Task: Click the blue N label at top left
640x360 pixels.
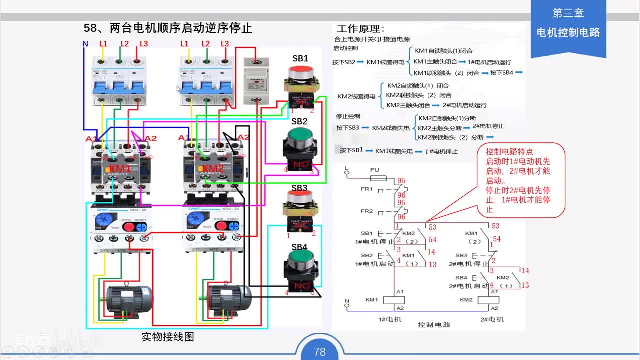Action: pos(85,44)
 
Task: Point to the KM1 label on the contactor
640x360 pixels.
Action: pos(120,169)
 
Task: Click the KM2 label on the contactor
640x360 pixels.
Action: pos(213,169)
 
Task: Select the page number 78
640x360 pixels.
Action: pos(320,352)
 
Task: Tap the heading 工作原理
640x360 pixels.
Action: pos(360,29)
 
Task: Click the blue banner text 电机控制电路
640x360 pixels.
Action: pos(568,33)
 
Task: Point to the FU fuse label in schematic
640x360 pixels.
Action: pos(374,170)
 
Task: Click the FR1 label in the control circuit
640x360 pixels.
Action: pos(366,189)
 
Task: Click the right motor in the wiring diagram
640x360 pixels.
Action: pos(229,299)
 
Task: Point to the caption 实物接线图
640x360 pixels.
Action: pos(168,337)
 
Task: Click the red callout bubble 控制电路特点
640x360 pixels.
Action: pos(519,180)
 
